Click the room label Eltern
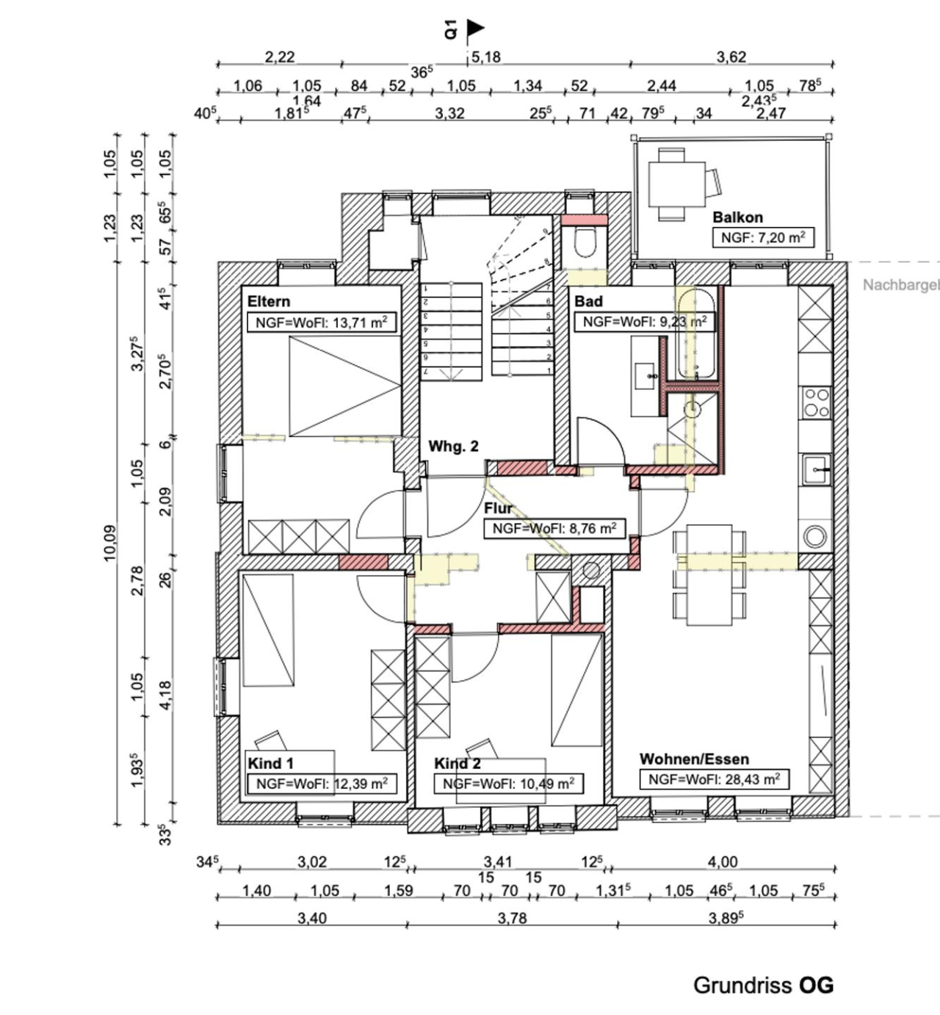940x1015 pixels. (268, 301)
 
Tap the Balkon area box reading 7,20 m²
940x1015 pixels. (763, 237)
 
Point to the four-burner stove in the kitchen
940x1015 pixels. (816, 402)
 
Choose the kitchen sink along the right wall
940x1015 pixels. (816, 469)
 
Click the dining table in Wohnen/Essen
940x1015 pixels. (709, 574)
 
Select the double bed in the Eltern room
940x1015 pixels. (344, 386)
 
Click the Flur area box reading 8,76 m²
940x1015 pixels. (554, 528)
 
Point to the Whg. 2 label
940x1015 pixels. (453, 447)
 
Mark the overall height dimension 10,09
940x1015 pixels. (109, 543)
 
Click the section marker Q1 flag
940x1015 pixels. (474, 29)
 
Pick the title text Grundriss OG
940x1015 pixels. (763, 985)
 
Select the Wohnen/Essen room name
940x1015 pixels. (694, 759)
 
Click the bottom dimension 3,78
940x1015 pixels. (512, 918)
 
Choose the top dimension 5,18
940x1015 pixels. (485, 57)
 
